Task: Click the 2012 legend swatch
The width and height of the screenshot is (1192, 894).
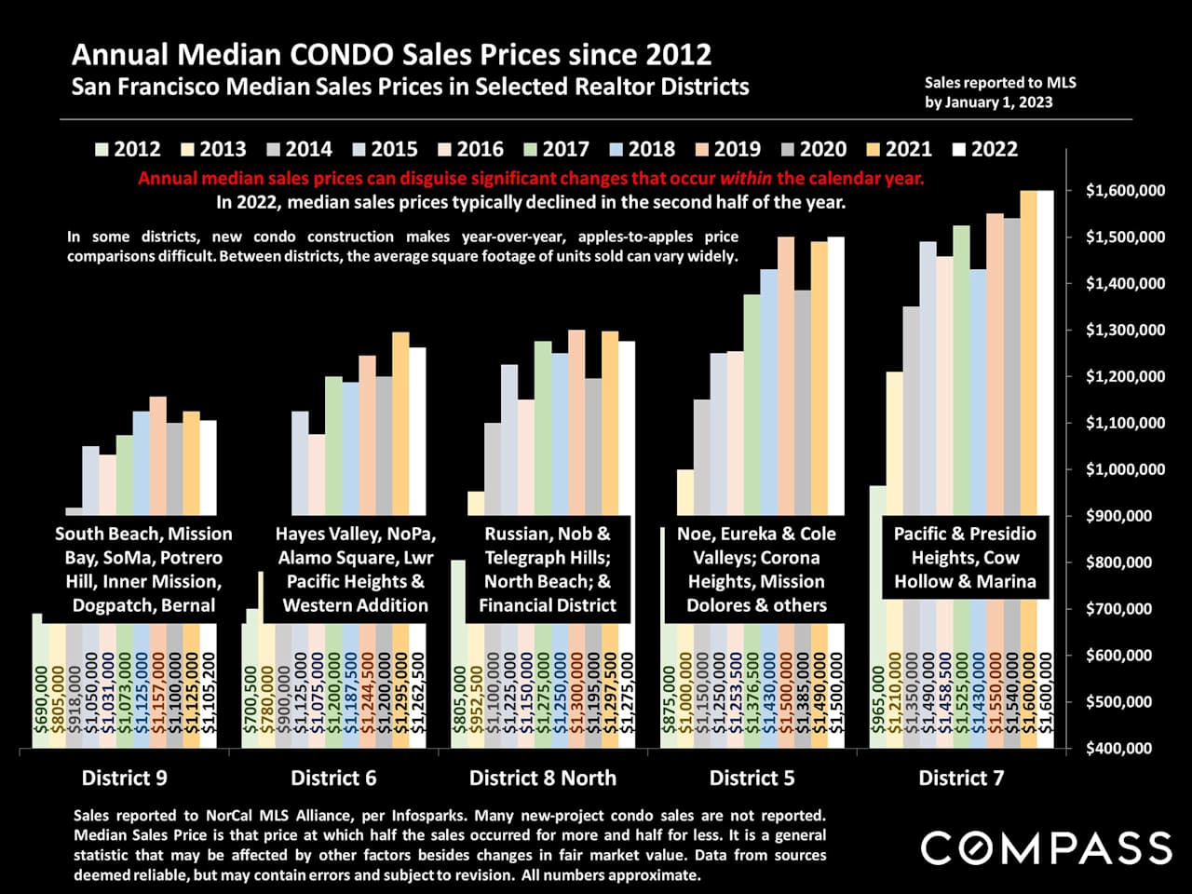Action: (x=102, y=150)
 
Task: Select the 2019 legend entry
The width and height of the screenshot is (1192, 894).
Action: (x=729, y=150)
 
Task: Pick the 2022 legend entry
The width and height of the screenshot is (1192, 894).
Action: (x=986, y=150)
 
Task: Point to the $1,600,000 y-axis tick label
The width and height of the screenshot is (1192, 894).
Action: (x=1125, y=191)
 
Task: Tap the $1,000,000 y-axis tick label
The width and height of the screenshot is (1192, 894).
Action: (x=1125, y=469)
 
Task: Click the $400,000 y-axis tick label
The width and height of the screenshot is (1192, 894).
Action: (x=1125, y=748)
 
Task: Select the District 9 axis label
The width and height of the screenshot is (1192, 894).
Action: (x=124, y=778)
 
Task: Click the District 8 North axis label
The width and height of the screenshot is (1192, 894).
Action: (x=542, y=778)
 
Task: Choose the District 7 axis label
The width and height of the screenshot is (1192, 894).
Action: (x=961, y=778)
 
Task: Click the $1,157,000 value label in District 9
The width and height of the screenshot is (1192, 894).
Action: (x=158, y=693)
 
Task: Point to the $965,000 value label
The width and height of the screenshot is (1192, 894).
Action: (x=877, y=706)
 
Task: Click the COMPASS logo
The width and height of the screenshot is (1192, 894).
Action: (x=1046, y=848)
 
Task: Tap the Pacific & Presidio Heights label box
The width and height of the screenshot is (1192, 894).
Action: (x=965, y=558)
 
